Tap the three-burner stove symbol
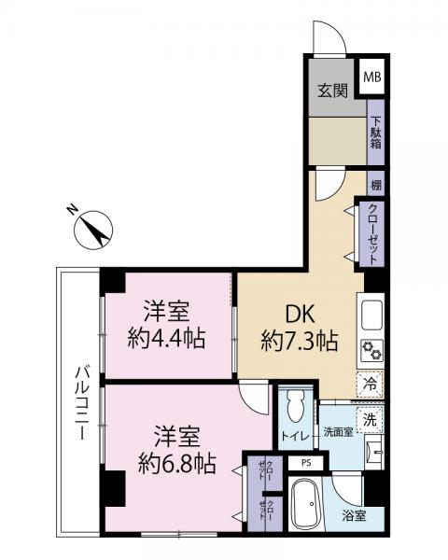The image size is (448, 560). click(x=371, y=351)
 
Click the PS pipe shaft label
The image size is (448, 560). click(x=303, y=462)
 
